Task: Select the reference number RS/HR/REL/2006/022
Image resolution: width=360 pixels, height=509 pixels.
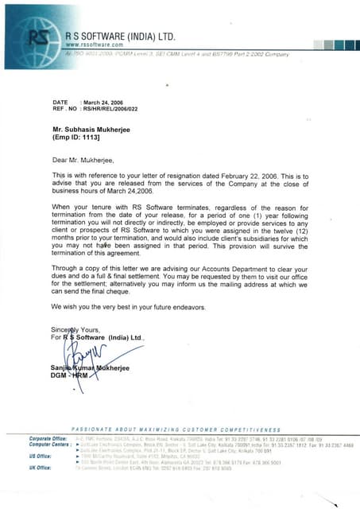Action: pyautogui.click(x=118, y=109)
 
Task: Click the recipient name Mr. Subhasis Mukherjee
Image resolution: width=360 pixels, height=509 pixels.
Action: pyautogui.click(x=96, y=128)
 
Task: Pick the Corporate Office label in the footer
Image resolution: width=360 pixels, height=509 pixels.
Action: pyautogui.click(x=47, y=438)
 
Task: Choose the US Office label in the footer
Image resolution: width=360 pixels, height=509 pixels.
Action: pyautogui.click(x=41, y=457)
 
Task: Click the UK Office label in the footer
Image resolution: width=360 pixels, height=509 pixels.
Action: pyautogui.click(x=41, y=468)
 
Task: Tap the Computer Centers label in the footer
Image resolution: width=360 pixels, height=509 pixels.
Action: pyautogui.click(x=48, y=444)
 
